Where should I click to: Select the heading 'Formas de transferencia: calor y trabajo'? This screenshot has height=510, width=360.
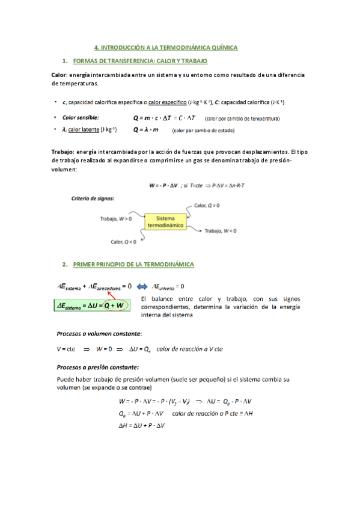click(139, 61)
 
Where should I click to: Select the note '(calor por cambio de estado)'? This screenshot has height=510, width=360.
click(203, 130)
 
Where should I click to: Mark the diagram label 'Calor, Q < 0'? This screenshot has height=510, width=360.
click(123, 242)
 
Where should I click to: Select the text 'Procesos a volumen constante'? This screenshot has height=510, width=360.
click(99, 333)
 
